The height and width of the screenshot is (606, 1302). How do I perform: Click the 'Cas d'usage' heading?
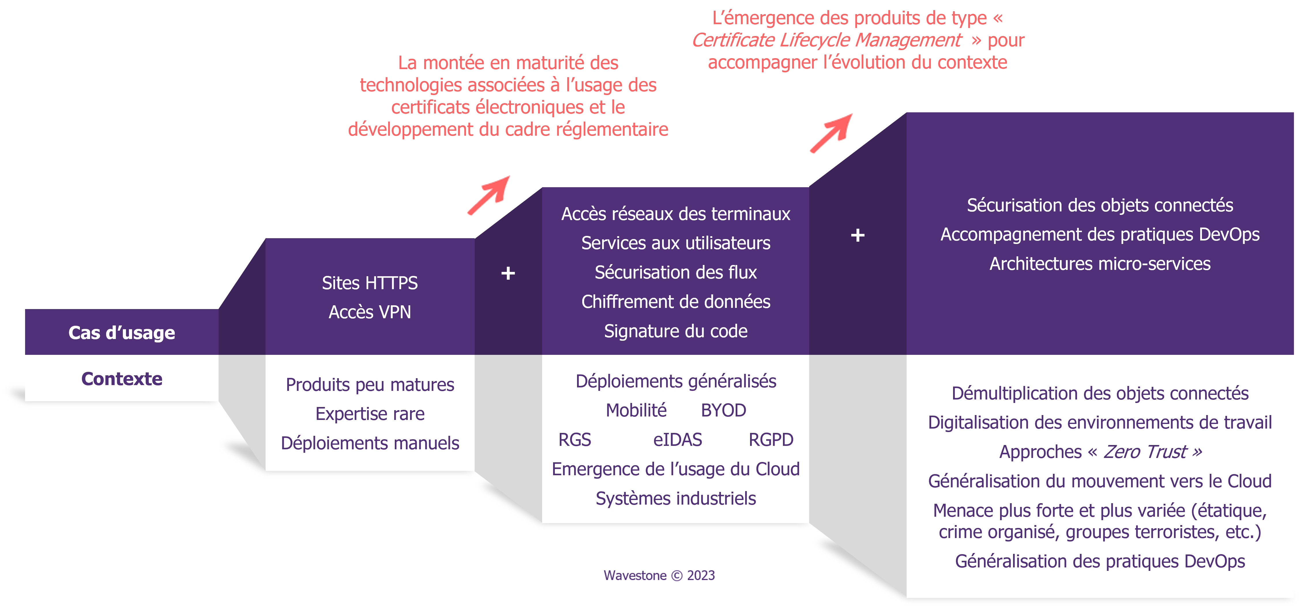point(122,333)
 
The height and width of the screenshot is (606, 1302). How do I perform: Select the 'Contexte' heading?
point(122,379)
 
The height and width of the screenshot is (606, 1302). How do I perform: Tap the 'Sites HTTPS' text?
point(370,283)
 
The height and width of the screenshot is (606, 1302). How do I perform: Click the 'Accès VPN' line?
point(370,312)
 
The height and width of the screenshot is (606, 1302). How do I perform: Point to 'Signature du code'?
point(676,331)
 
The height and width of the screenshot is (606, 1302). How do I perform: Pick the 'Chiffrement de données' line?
point(676,302)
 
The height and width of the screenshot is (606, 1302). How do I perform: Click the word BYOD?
point(723,410)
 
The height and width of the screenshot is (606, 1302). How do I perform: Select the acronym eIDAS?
point(677,440)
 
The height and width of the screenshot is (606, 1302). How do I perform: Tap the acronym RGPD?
point(771,440)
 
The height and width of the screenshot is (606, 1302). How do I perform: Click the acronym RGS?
point(575,440)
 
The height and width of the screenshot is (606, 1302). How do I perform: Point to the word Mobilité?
point(636,410)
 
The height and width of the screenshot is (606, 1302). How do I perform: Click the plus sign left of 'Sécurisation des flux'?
point(508,273)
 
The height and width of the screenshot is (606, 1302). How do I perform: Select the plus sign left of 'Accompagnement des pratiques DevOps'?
point(858,235)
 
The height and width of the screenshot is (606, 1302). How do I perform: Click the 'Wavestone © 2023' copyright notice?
point(659,576)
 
